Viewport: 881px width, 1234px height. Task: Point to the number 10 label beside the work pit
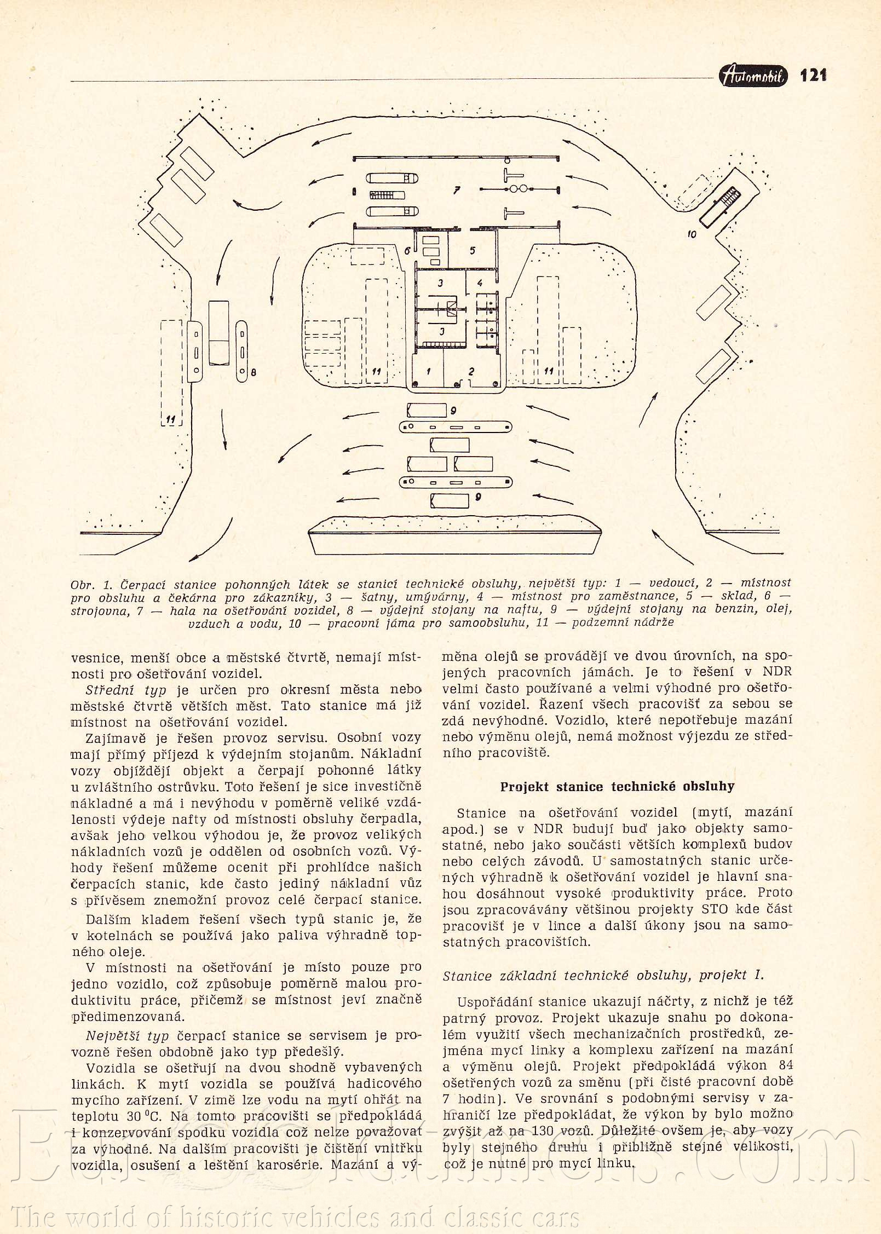click(692, 234)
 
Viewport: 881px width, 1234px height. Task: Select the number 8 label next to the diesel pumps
click(253, 373)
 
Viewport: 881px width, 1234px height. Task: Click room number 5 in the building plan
click(473, 251)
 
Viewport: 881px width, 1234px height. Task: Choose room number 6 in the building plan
click(407, 251)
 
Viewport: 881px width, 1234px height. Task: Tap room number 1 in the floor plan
click(429, 371)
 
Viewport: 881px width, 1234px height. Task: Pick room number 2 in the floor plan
click(471, 371)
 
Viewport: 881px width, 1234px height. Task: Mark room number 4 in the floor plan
click(480, 283)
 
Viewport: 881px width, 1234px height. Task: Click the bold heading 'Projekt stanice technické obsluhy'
click(617, 787)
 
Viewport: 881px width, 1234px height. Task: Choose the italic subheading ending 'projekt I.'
click(603, 975)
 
